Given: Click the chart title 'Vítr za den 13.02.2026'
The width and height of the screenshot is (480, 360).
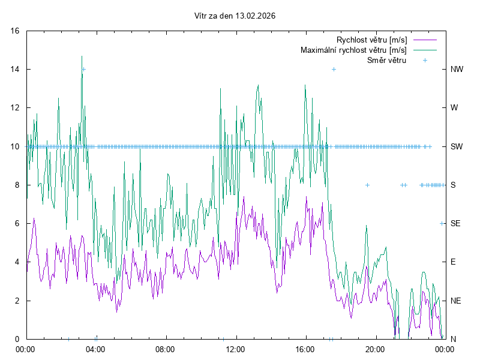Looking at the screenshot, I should [235, 16].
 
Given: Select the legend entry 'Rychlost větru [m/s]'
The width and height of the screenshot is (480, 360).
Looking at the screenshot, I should [372, 40].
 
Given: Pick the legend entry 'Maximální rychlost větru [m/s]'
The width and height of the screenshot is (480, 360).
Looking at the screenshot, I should [354, 50].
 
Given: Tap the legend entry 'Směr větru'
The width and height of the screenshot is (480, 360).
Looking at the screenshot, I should [386, 60].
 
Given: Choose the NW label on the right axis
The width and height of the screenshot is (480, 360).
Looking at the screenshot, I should [457, 70].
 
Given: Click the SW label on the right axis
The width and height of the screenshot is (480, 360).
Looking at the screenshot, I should [457, 146].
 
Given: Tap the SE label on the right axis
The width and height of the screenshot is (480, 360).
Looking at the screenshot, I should [455, 223].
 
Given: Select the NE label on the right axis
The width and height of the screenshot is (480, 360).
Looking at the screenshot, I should [455, 301].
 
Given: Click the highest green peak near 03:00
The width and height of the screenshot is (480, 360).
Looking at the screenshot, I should [82, 56].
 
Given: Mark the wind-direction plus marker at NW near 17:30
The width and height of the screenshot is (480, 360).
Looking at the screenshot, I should [334, 70].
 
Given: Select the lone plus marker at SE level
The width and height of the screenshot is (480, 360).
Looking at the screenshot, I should [442, 223].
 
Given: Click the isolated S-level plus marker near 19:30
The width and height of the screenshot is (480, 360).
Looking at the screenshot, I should [367, 185].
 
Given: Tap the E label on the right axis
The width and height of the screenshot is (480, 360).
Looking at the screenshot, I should [453, 262].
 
